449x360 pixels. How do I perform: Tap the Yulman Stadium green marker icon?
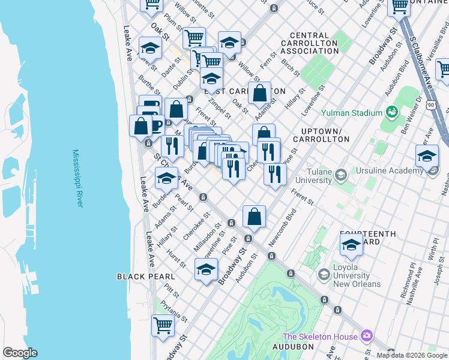coord(392,112)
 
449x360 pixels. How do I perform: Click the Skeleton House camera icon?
coord(367,336)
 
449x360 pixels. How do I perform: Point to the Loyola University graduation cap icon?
coord(324,274)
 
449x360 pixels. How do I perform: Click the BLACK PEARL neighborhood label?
coord(146,277)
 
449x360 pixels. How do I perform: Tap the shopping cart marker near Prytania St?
coord(163,325)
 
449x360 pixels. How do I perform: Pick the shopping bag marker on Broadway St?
coord(255,217)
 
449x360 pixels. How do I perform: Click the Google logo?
coord(20,353)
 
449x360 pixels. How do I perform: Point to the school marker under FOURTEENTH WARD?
coord(351,244)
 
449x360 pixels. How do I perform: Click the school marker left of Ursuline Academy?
coord(427,155)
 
